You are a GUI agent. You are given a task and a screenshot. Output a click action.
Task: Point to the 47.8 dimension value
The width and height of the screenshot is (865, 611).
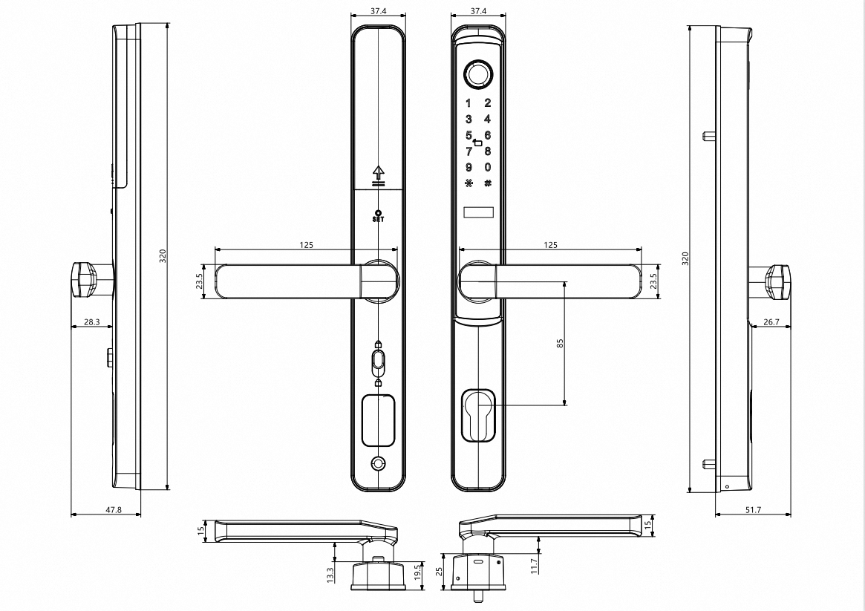91,510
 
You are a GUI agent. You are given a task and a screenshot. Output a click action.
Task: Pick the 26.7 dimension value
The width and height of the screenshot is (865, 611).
771,322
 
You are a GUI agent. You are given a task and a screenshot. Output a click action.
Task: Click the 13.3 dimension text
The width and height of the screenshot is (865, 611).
330,573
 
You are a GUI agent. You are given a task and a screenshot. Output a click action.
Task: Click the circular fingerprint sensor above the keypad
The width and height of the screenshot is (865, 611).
478,74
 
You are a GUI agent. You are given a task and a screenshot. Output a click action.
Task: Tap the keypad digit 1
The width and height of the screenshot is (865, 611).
469,103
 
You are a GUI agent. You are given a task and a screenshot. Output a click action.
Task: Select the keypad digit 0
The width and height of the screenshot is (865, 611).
488,167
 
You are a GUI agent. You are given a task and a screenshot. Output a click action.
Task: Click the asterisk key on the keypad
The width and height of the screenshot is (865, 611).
469,183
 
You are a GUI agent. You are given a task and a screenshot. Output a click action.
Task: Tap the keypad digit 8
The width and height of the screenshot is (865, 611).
488,151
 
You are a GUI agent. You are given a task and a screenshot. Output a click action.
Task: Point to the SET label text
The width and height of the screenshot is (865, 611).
379,220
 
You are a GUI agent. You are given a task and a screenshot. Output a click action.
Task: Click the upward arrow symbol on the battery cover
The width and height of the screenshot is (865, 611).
379,173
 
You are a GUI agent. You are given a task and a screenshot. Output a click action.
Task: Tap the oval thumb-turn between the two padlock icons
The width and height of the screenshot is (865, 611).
379,363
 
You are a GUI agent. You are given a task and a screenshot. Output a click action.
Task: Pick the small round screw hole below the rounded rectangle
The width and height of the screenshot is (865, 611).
379,463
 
